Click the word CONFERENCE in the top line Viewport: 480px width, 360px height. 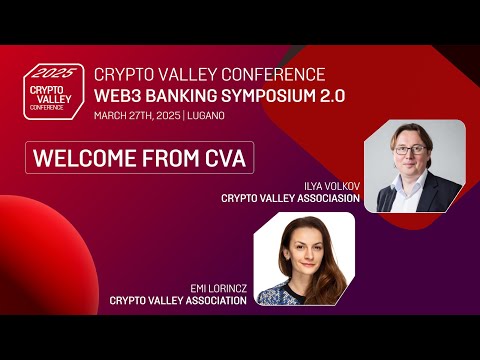tap(275, 74)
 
